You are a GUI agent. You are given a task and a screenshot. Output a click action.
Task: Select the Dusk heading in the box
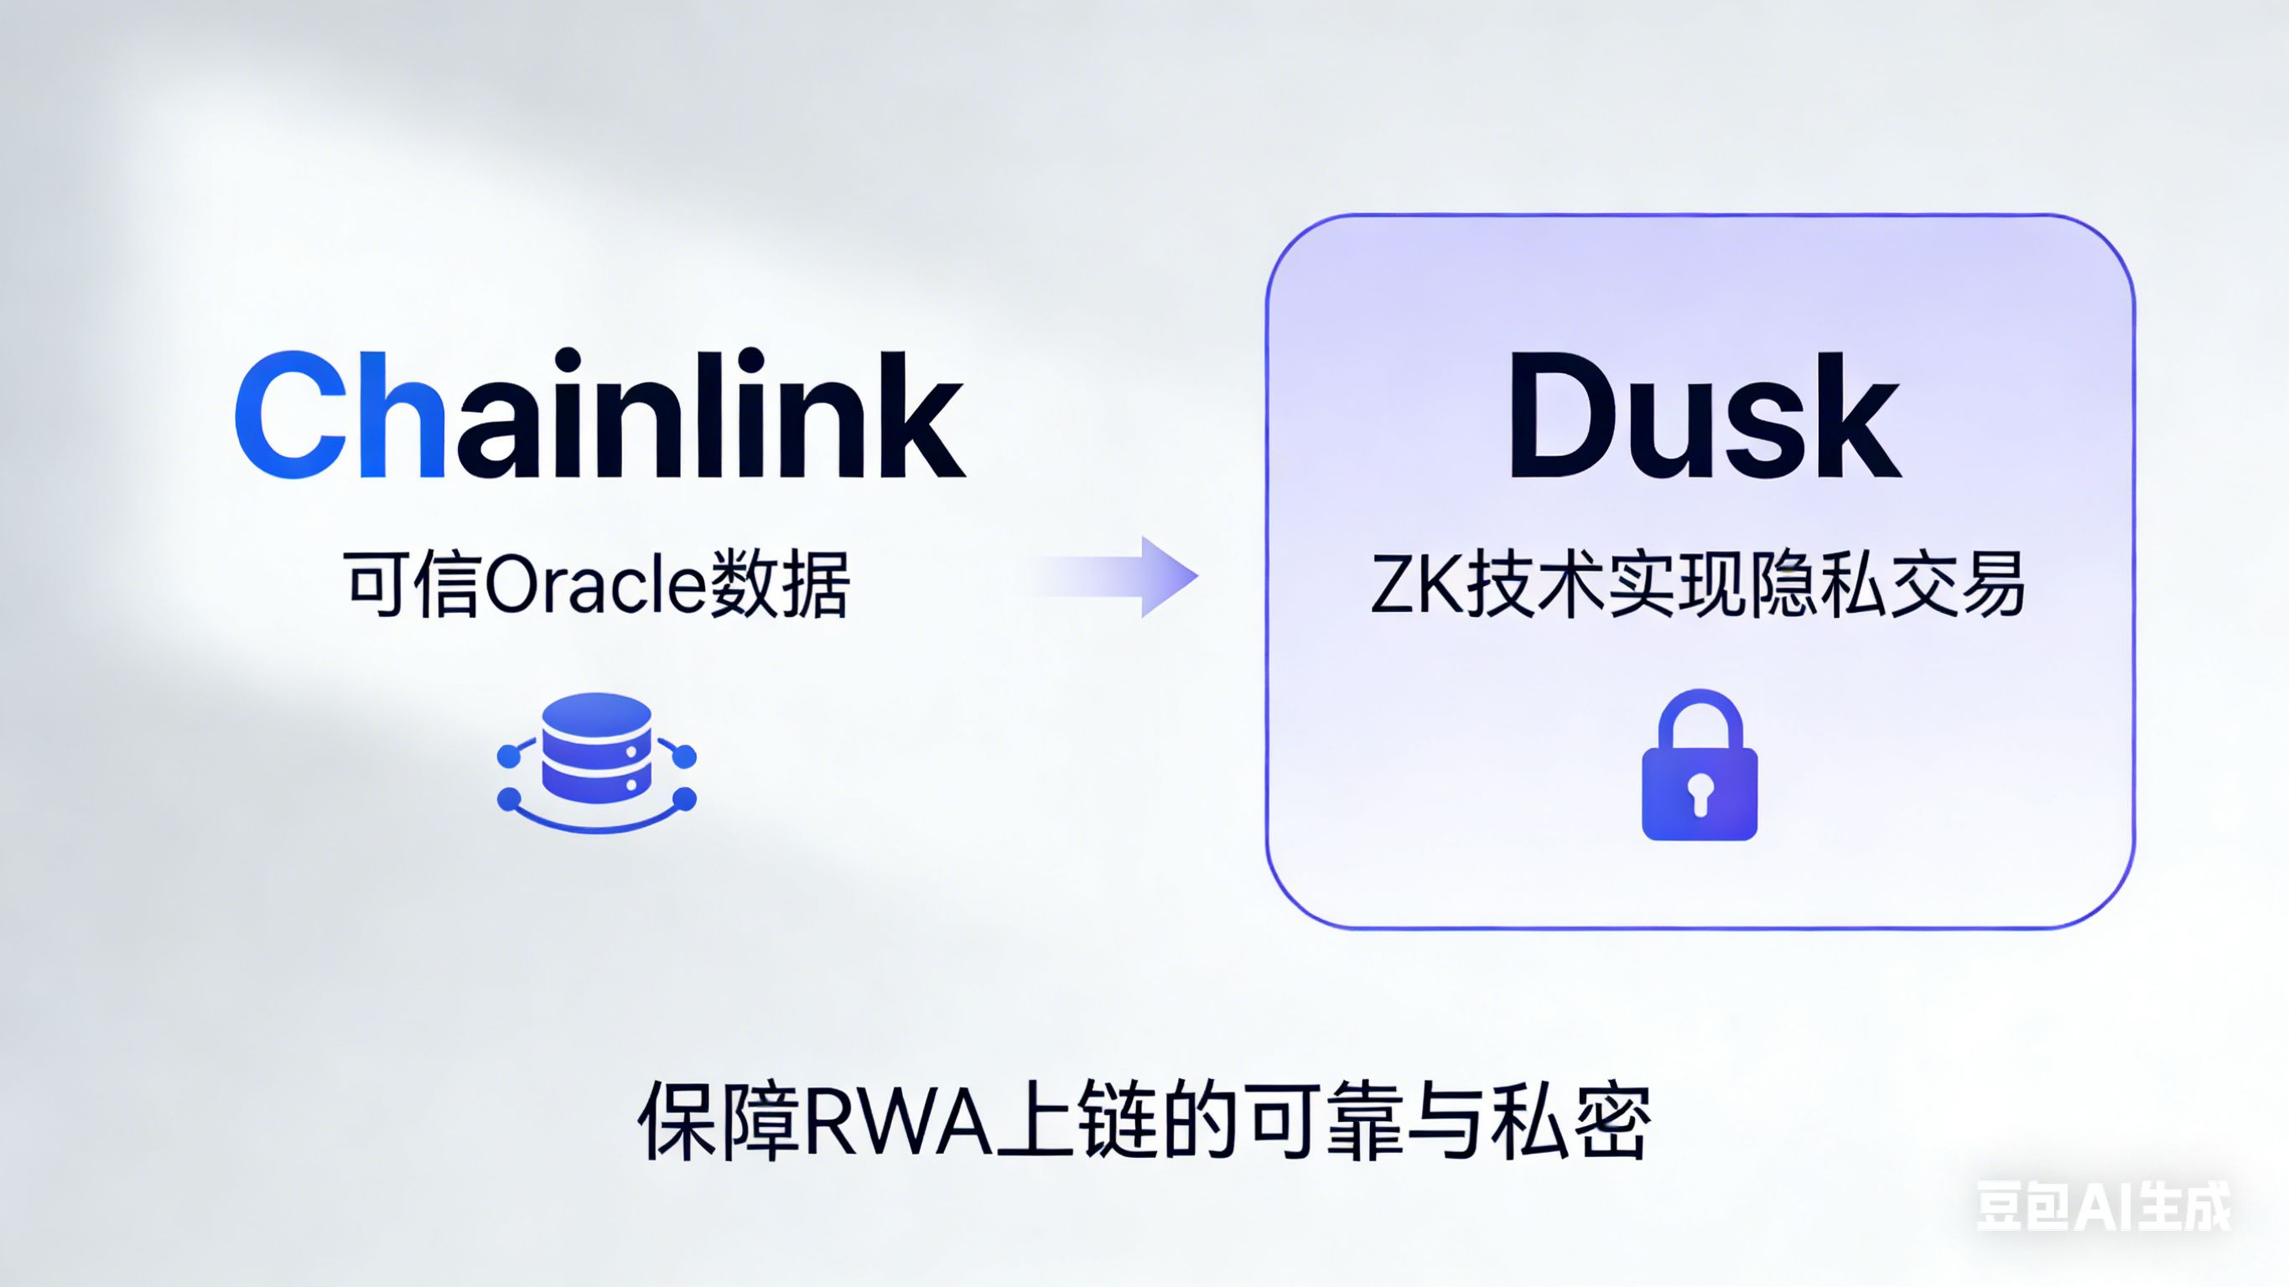(1705, 415)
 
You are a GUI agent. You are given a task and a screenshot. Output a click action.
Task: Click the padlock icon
(1699, 766)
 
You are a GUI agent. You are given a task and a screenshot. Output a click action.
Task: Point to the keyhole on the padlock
(1700, 793)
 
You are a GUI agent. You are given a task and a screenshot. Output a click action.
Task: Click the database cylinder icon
(596, 749)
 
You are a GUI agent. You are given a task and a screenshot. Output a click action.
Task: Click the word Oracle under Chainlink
(595, 585)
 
